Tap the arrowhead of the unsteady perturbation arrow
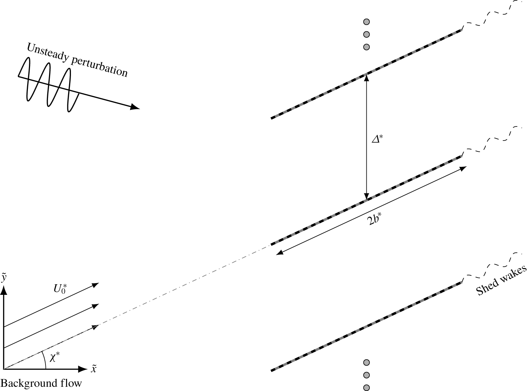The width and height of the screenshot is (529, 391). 135,107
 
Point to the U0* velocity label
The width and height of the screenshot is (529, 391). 60,289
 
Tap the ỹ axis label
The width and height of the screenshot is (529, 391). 4,278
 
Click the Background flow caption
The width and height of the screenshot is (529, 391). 41,383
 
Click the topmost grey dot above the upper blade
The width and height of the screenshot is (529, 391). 366,22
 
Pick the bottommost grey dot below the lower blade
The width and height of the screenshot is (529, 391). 366,387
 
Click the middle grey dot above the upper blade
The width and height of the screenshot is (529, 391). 366,35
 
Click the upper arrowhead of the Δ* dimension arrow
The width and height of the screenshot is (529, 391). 366,77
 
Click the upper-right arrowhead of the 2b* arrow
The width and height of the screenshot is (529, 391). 463,168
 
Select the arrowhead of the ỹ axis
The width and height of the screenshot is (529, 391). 4,290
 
